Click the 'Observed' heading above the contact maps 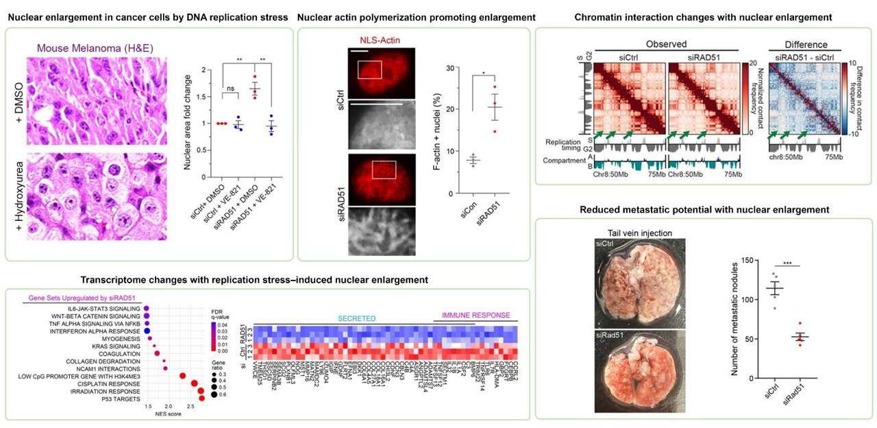[665, 45]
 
